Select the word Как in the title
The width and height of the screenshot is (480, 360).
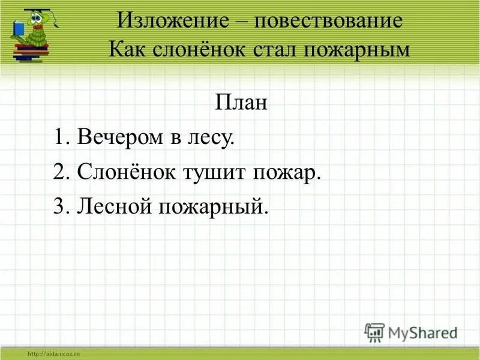[x=128, y=49]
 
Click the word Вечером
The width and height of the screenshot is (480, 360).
[x=120, y=138]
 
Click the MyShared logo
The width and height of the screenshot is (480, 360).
[x=410, y=331]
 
